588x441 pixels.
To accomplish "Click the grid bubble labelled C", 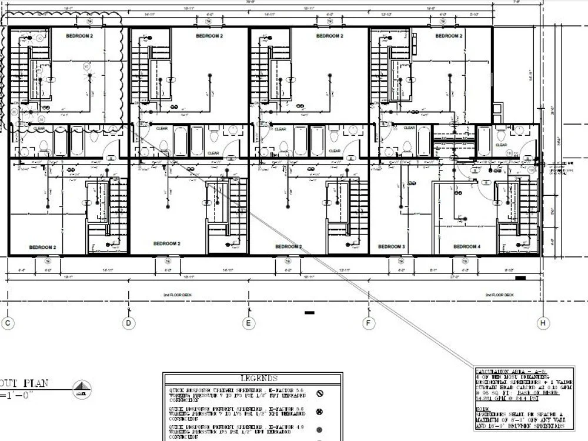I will (x=8, y=323).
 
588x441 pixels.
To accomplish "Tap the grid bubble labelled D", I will (x=129, y=323).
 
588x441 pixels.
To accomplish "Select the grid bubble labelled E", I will (x=249, y=323).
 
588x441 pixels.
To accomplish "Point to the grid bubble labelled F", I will (x=369, y=323).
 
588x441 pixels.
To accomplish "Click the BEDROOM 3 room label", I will (x=391, y=246).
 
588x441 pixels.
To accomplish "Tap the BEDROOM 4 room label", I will (x=467, y=246).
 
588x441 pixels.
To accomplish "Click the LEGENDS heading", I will (x=259, y=378).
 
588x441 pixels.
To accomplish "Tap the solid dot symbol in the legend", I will (x=320, y=430).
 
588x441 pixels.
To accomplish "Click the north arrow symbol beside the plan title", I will (x=82, y=389).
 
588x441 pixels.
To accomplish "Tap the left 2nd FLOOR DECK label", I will (x=177, y=295).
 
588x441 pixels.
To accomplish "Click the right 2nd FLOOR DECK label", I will (x=499, y=295).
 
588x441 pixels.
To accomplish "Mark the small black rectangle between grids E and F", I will (x=309, y=313).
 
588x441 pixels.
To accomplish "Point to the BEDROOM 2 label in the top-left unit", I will (x=83, y=36).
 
